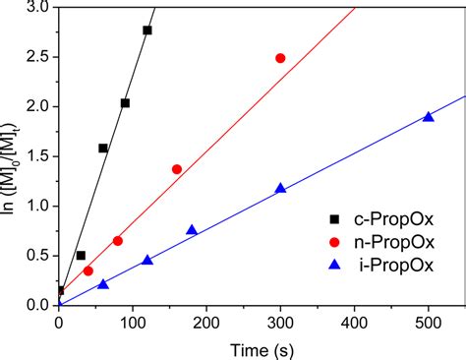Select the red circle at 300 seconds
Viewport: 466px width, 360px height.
[280, 58]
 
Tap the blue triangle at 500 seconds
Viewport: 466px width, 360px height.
[428, 116]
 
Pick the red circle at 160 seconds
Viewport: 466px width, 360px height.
[177, 169]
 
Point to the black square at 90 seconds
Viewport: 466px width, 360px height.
[125, 103]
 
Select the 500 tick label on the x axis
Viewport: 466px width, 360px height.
[428, 322]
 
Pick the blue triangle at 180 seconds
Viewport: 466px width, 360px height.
[192, 230]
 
